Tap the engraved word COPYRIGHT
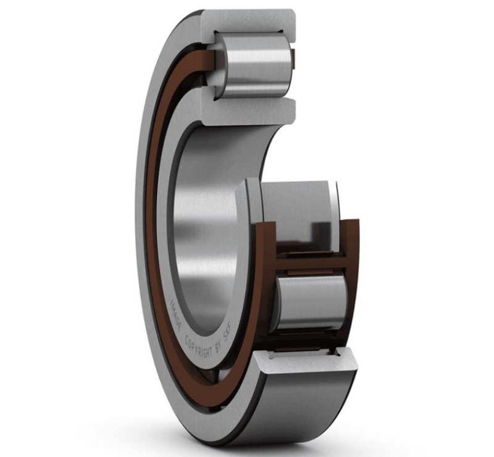[199, 348]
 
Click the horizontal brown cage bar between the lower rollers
[311, 262]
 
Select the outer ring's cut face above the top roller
[249, 25]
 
